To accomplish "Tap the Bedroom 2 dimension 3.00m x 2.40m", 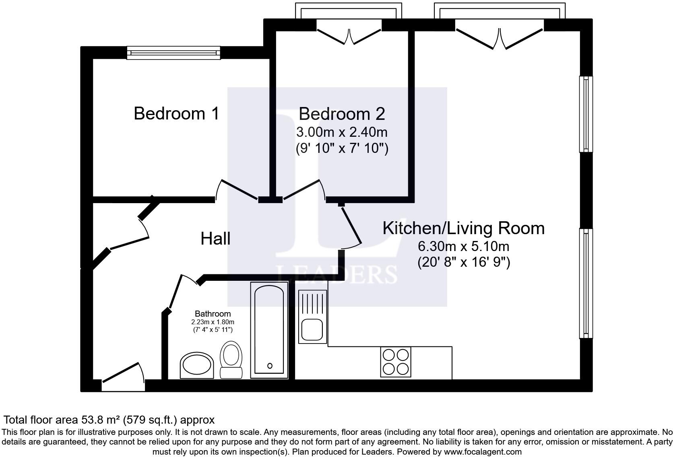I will pos(342,132).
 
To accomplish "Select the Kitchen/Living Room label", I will pos(463,228).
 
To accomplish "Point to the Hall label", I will pos(215,239).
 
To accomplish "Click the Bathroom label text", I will pos(213,314).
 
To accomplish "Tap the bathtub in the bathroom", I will pos(269,330).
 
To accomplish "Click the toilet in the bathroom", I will pos(231,359).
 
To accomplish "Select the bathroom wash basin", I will pos(197,365).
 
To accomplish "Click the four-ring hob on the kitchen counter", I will pos(396,362).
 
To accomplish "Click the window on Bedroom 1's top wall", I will pos(173,53).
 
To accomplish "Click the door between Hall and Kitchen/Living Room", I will pos(351,228).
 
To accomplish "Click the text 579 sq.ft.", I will pos(150,420).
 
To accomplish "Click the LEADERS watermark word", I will pos(336,274).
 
